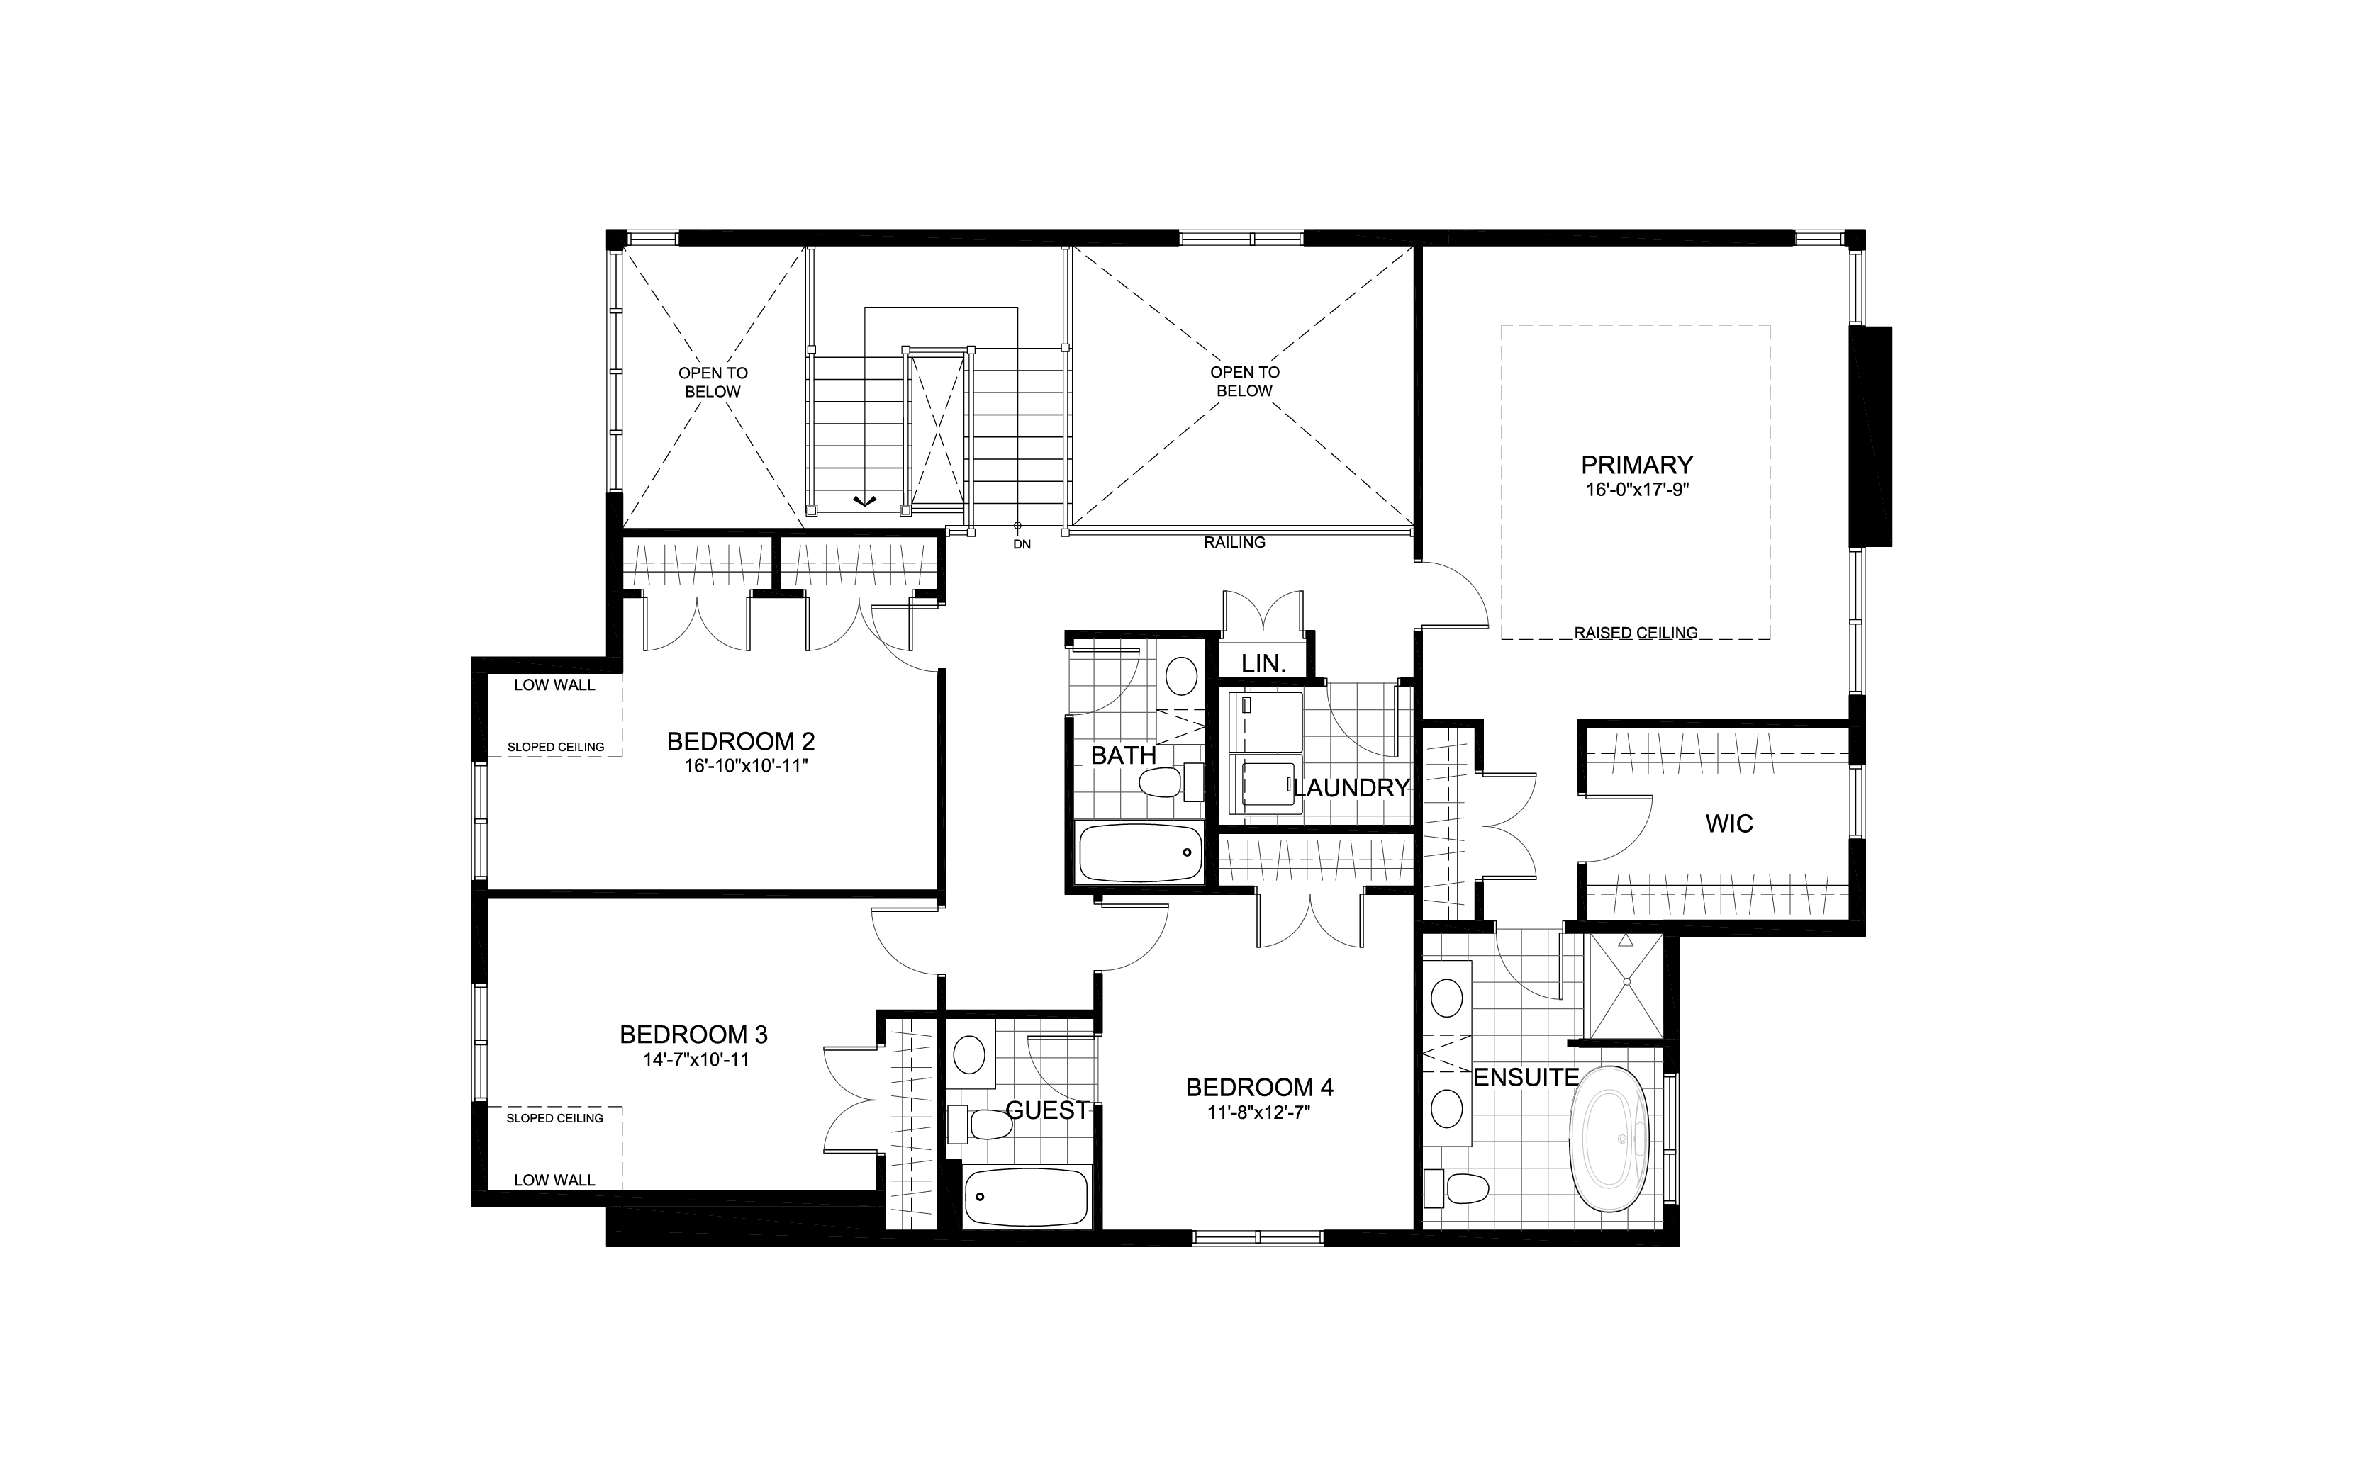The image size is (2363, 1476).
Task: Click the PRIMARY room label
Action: coord(1636,465)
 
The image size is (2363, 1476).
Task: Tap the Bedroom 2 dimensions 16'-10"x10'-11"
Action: coord(746,766)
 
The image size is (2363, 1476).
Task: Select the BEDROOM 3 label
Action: coord(693,1035)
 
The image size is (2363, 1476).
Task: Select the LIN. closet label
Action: coord(1263,664)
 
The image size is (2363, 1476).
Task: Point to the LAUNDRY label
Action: coord(1353,788)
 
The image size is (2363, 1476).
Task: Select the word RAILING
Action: coord(1234,543)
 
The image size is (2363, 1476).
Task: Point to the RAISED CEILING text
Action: coord(1636,633)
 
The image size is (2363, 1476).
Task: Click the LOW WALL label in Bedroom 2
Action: coord(554,685)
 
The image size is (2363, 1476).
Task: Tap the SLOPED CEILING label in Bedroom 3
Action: coord(554,1117)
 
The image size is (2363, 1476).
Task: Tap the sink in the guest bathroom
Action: coord(970,1054)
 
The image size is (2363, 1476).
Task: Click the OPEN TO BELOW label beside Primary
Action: coord(1244,381)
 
